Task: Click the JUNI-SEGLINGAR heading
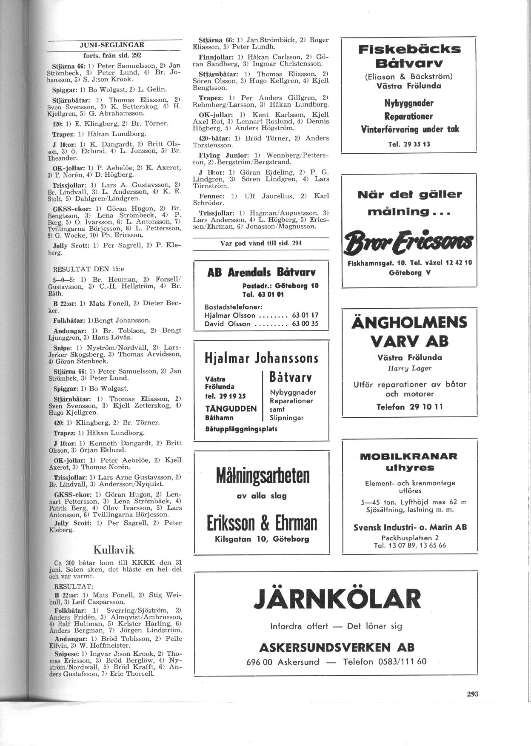(112, 45)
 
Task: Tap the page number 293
(473, 694)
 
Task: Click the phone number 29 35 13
(409, 144)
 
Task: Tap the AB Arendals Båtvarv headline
(261, 272)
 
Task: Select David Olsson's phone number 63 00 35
(305, 324)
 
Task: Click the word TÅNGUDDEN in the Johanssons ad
(231, 409)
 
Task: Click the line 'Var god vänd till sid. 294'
(261, 243)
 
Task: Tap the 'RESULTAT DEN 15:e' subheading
(88, 269)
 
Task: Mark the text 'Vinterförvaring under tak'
(410, 129)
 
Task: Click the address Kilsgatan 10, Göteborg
(262, 539)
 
